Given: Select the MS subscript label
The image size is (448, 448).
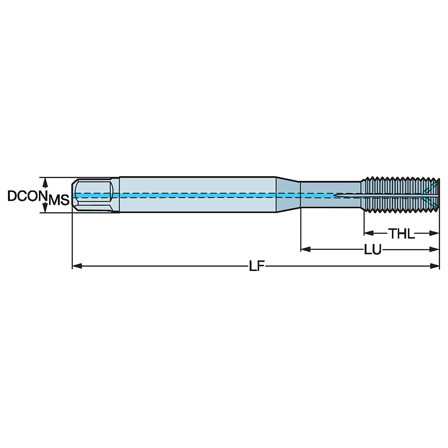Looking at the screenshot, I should click(59, 200).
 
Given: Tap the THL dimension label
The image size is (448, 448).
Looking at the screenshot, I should click(401, 233).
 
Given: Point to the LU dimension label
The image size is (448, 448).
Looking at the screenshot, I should click(372, 250).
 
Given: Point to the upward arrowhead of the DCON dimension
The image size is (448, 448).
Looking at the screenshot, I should click(44, 181).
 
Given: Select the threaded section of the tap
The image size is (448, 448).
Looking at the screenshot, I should click(399, 195).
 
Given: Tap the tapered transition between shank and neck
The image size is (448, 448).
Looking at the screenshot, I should click(287, 195).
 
